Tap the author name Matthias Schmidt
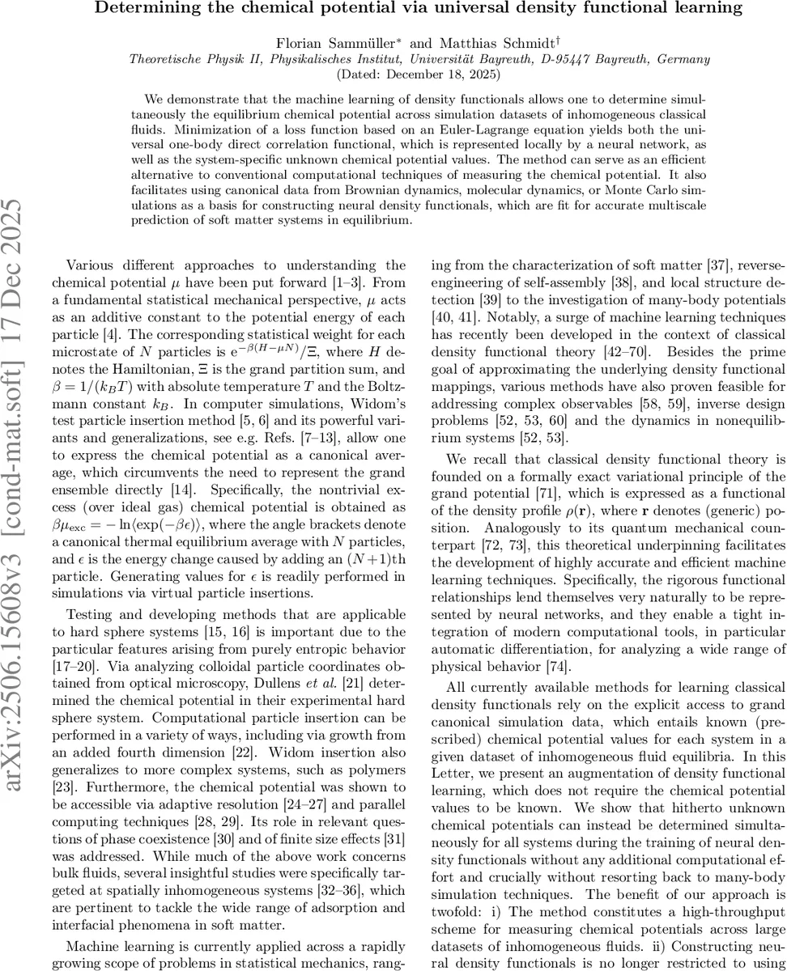pos(472,43)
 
